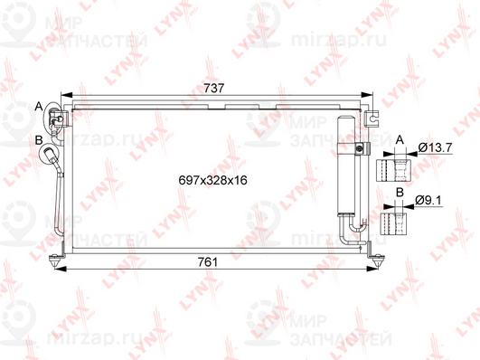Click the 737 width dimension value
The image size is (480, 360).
214,88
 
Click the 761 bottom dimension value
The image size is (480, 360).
208,262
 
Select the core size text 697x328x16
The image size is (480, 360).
212,180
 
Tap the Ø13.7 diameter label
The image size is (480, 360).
435,148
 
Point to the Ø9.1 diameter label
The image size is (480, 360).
428,201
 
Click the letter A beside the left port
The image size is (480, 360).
39,107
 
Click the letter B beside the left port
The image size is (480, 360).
39,140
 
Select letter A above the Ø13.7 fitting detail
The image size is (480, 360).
400,140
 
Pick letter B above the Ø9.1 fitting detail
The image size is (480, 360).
400,193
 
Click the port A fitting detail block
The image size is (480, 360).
393,170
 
